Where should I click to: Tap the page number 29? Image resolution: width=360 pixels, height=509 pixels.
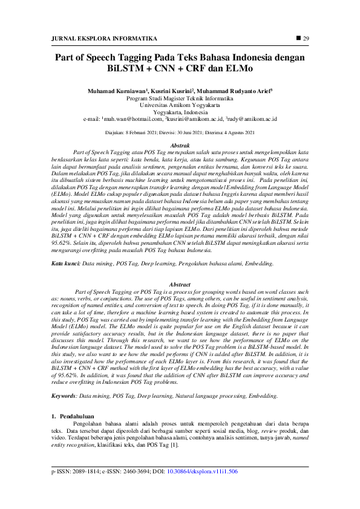306,39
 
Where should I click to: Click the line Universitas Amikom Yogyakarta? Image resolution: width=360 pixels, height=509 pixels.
180,104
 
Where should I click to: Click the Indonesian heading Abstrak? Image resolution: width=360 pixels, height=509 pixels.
180,146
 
